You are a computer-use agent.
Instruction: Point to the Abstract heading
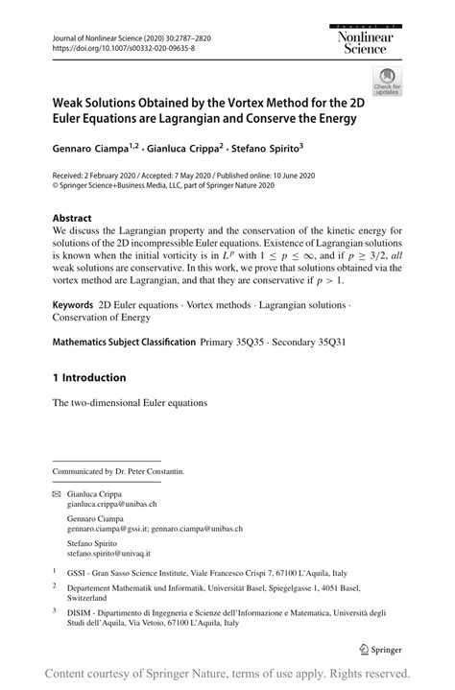click(x=73, y=217)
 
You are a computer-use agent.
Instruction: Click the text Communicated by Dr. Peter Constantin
click(x=119, y=471)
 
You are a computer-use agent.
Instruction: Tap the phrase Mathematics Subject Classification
click(x=124, y=342)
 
